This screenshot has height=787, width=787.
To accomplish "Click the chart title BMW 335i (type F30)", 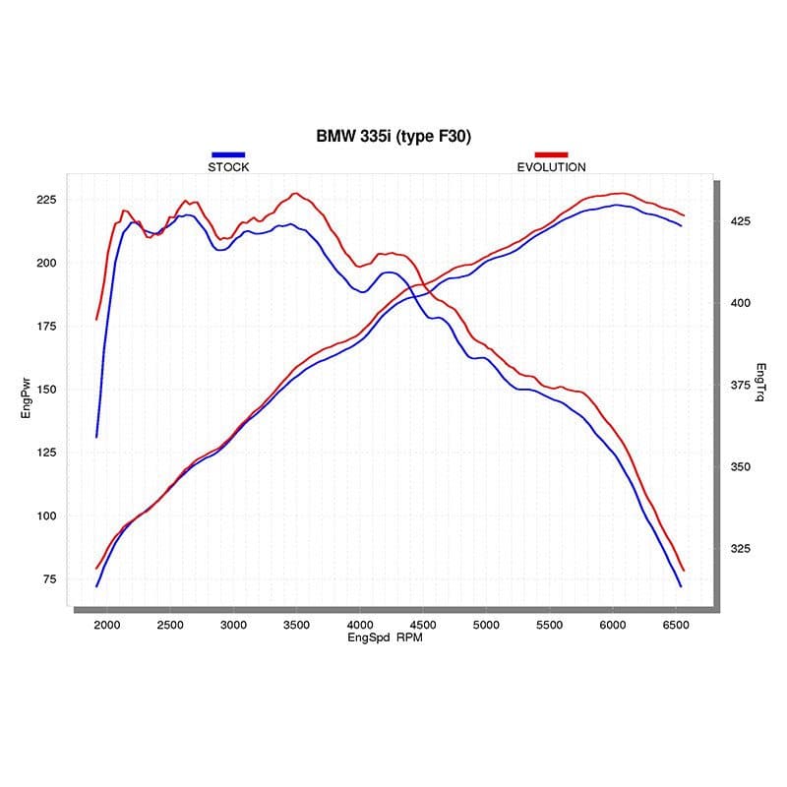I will click(x=393, y=137).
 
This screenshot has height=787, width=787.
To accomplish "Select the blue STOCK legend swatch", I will click(x=228, y=155).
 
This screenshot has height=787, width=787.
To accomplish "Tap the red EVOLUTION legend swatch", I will click(x=551, y=155).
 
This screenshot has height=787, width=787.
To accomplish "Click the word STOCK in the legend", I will click(x=228, y=167).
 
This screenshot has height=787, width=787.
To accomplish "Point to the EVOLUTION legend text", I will click(x=551, y=167).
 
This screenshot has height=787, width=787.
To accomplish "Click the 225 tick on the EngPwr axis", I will click(x=47, y=200).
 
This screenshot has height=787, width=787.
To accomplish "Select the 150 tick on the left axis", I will click(x=47, y=390).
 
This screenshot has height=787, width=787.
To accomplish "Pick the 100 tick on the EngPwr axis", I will click(x=47, y=516).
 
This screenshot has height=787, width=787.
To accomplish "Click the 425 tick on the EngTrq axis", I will click(x=740, y=221).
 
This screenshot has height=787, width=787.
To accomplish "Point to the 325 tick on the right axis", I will click(x=740, y=549).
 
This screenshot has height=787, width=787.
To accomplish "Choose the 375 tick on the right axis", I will click(x=740, y=385).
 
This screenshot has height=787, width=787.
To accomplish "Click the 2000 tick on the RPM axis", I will click(x=107, y=625).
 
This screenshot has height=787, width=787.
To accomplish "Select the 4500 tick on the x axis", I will click(x=423, y=625).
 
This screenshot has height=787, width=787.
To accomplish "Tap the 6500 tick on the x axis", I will click(x=676, y=625).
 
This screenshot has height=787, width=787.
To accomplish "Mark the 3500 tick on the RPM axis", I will click(x=296, y=625).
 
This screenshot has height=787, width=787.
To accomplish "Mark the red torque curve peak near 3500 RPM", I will click(x=295, y=194).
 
